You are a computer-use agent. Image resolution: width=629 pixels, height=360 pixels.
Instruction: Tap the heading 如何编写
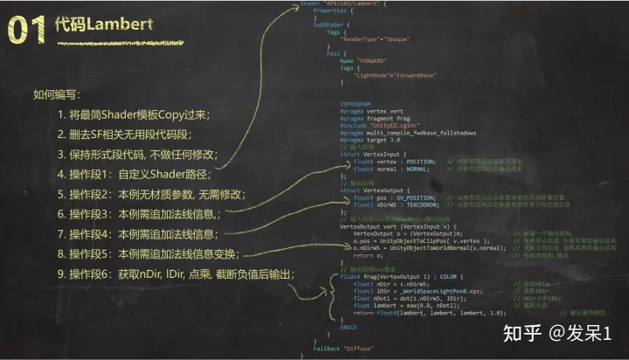click(57, 95)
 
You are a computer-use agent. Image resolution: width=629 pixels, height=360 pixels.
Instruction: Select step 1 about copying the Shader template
click(131, 115)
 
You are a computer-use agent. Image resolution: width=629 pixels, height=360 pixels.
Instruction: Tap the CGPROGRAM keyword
click(354, 103)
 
